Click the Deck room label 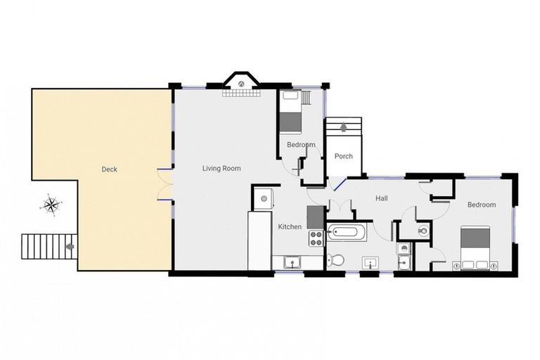coord(109,169)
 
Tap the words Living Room coord(221,169)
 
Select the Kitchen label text coord(290,226)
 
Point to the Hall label coord(382,198)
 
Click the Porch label coord(344,156)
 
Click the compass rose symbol coord(51,205)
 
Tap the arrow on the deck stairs coord(70,246)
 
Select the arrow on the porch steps coord(343,127)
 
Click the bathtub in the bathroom coord(347,232)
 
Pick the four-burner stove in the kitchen coord(316,238)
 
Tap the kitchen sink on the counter coord(292,262)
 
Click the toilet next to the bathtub coord(335,260)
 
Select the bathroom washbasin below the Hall coord(371,262)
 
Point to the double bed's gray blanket coord(475,238)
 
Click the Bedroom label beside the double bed coord(482,205)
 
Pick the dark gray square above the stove coord(316,217)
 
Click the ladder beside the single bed coord(306,98)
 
